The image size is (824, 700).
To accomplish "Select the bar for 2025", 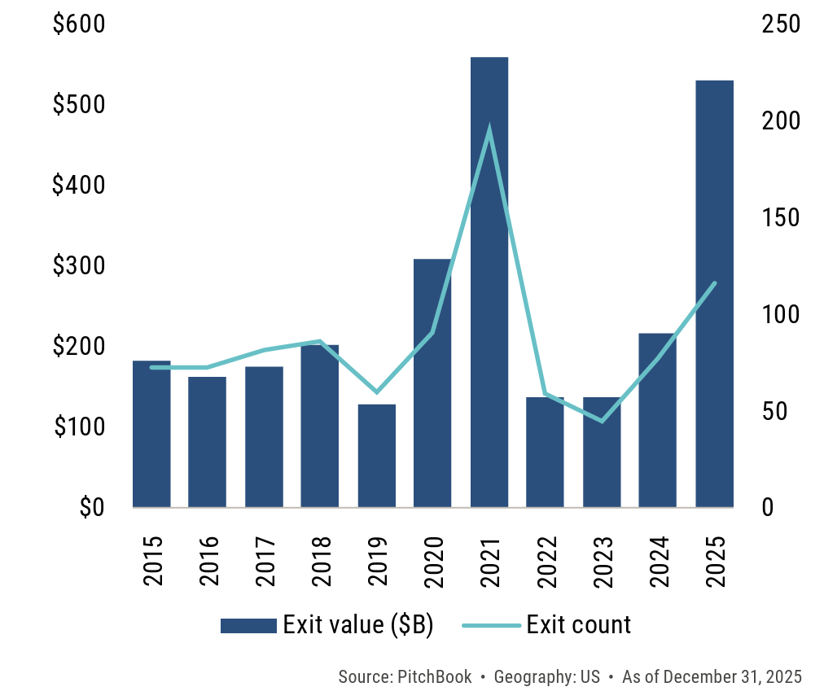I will point(714,293).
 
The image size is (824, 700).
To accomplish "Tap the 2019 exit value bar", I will point(376,456).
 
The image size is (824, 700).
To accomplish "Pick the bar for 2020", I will point(432,383).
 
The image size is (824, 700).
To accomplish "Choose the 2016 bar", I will point(208,442).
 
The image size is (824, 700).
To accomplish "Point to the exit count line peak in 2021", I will point(489,128).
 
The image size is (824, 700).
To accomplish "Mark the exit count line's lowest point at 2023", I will point(602,421).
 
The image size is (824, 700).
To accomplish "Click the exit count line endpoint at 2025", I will point(714,283).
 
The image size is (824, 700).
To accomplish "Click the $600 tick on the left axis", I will point(79,25).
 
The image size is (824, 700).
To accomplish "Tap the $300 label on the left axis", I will point(79,266).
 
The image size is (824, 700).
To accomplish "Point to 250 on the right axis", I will point(782,25).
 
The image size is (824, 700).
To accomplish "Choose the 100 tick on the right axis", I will point(782,314).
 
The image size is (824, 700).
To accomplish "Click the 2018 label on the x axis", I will point(320,561).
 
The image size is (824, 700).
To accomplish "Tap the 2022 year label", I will point(546,561).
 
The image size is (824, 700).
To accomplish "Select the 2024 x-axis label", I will point(658,561).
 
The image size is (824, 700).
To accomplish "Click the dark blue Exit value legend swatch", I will point(248,625).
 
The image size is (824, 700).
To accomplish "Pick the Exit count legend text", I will point(578,625).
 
